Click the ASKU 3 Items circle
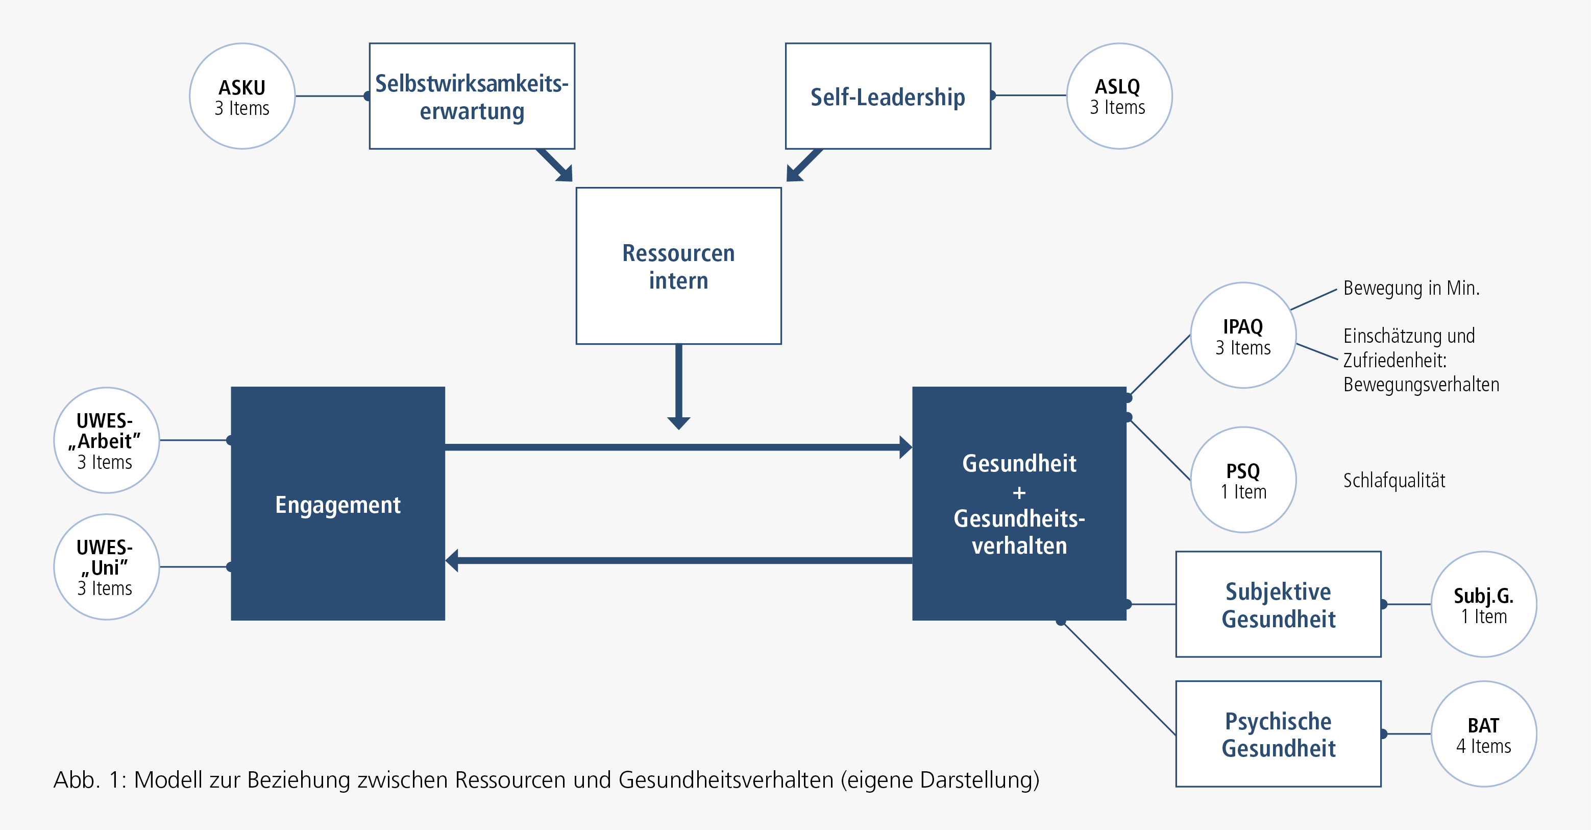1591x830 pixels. pos(242,97)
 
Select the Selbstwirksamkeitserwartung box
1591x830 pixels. pos(472,97)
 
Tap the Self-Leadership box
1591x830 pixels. pos(888,97)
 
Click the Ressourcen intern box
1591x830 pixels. pos(678,266)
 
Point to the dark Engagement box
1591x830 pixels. pos(338,504)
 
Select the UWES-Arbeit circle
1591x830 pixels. pos(106,440)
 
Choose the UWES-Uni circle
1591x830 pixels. pos(106,567)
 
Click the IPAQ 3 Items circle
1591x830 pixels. pos(1243,336)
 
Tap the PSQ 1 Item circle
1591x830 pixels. pos(1243,480)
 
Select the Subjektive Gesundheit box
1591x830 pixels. pos(1278,604)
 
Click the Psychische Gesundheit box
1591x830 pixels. pos(1278,733)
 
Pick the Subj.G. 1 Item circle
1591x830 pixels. pos(1483,604)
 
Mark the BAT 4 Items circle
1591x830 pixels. pos(1483,733)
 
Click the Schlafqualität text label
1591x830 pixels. pos(1394,480)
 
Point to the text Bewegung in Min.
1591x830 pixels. pos(1411,288)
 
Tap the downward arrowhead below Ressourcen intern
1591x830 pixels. pos(678,423)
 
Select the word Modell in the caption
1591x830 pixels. pos(168,780)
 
